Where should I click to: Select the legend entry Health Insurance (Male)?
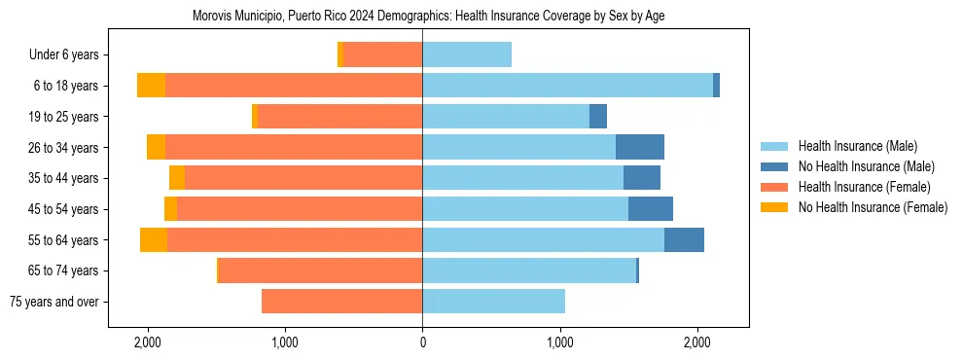click(857, 146)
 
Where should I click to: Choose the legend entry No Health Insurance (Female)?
click(873, 207)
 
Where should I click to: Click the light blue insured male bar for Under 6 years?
click(467, 55)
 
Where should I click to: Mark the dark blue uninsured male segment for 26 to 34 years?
click(640, 147)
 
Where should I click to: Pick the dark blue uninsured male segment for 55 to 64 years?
click(684, 239)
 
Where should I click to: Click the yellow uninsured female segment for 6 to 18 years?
click(151, 86)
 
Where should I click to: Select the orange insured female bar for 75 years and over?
click(341, 302)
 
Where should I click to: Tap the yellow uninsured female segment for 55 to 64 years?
click(154, 239)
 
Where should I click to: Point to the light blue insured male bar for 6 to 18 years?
click(567, 86)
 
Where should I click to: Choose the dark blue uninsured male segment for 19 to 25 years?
click(598, 117)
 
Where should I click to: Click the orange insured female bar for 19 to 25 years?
click(339, 117)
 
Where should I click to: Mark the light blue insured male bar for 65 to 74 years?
click(528, 270)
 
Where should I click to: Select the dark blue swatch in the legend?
click(774, 166)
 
